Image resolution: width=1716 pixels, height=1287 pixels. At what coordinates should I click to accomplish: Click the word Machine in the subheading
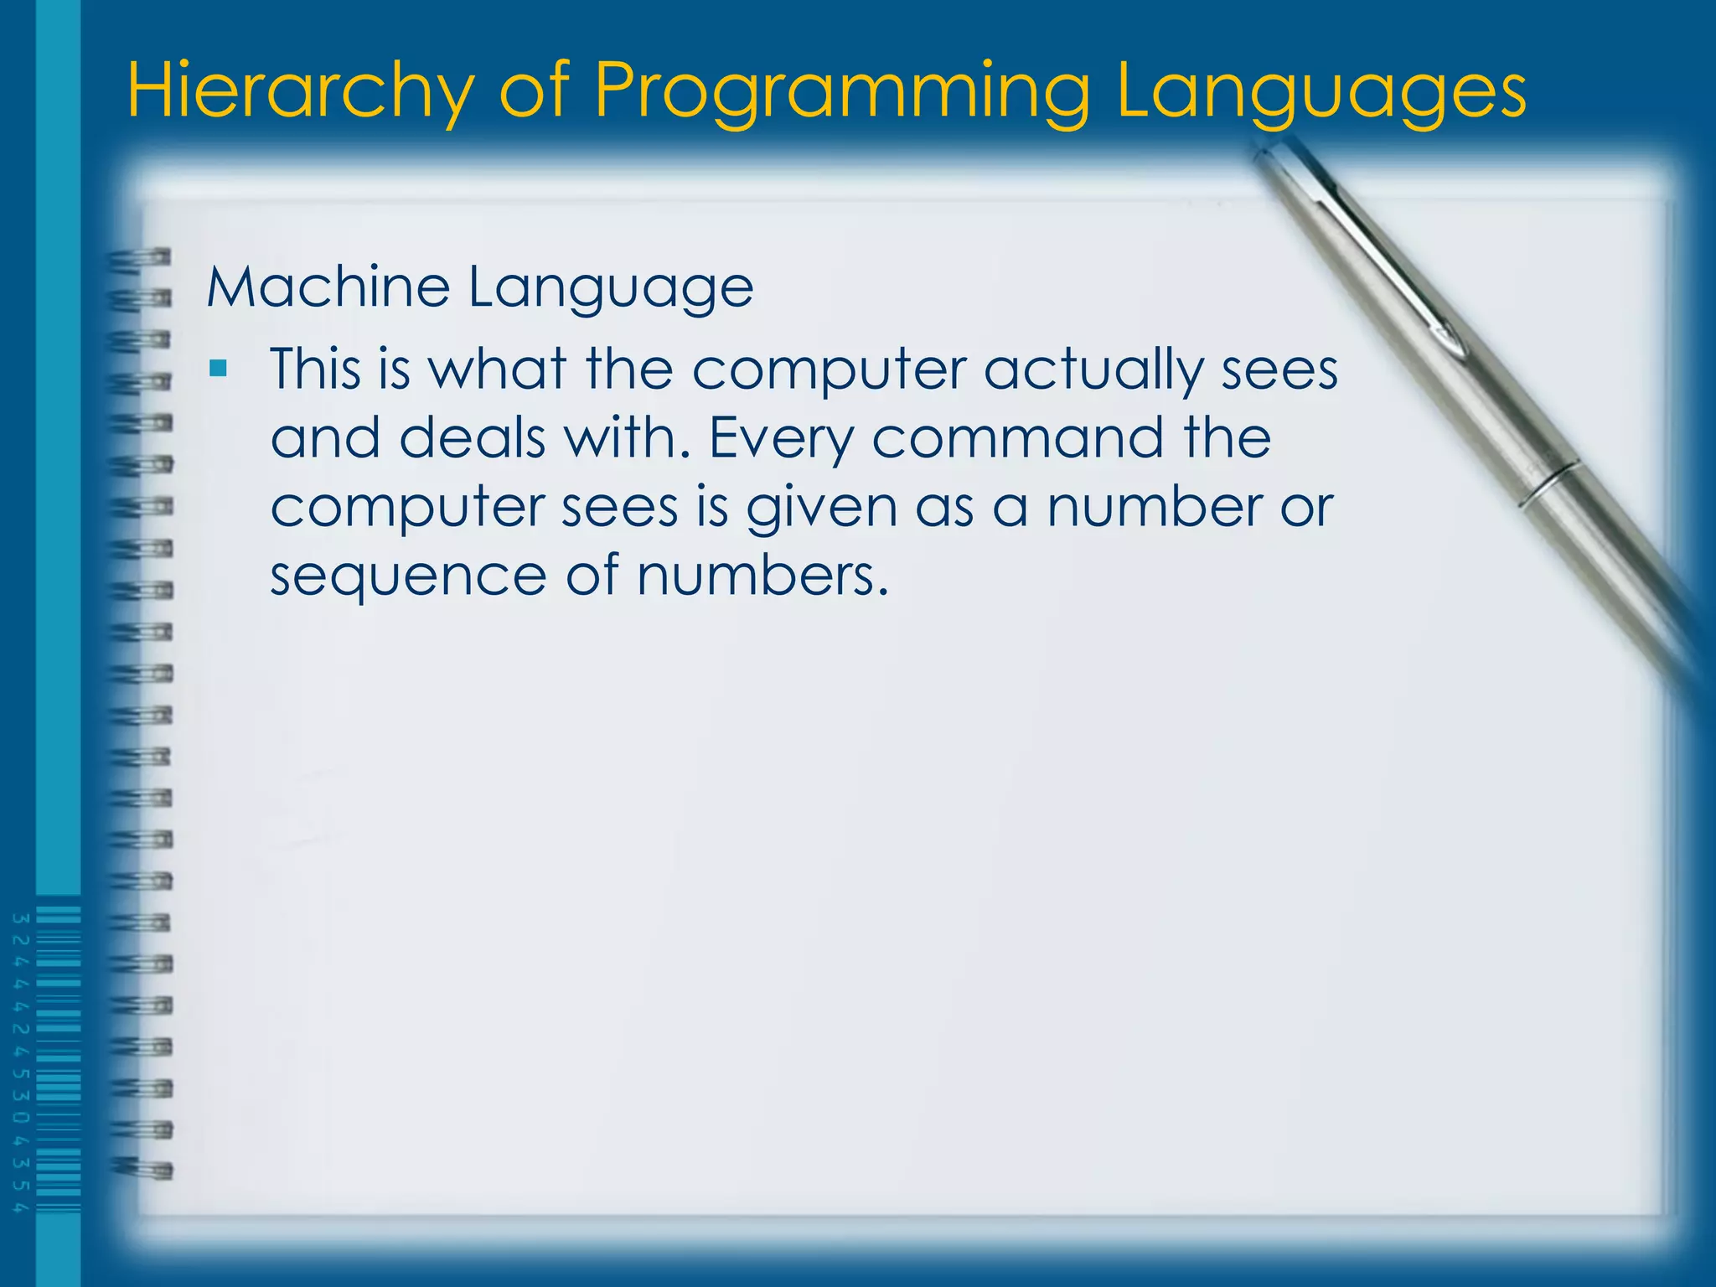tap(328, 287)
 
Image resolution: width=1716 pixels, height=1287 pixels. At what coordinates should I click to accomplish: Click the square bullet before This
tap(219, 368)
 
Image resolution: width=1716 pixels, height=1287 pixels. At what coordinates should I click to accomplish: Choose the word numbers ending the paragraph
tap(761, 576)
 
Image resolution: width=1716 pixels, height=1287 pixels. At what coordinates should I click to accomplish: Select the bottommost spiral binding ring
tap(142, 1168)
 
